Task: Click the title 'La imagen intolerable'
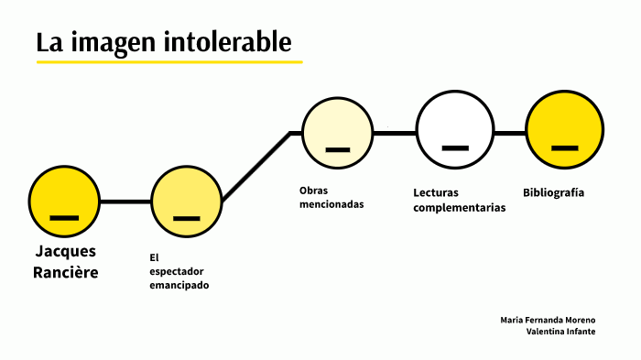165,43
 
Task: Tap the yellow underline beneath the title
169,62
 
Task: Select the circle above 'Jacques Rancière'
64,202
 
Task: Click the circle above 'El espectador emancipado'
187,202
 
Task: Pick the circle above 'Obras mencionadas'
338,133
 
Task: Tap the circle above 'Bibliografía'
565,133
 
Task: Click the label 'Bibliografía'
553,192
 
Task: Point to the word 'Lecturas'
435,193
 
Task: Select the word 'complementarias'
460,208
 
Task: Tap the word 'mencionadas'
331,204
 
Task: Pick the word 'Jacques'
65,251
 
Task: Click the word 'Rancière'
65,272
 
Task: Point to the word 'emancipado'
179,286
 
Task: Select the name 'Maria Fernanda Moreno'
548,320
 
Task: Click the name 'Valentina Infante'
560,332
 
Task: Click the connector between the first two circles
125,202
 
